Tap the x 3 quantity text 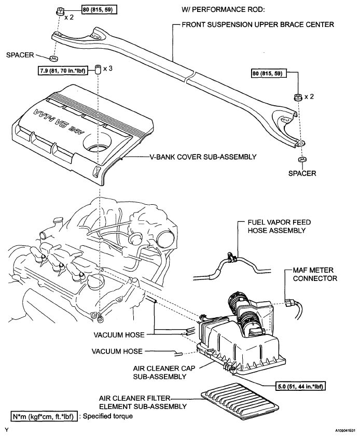tap(108, 68)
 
